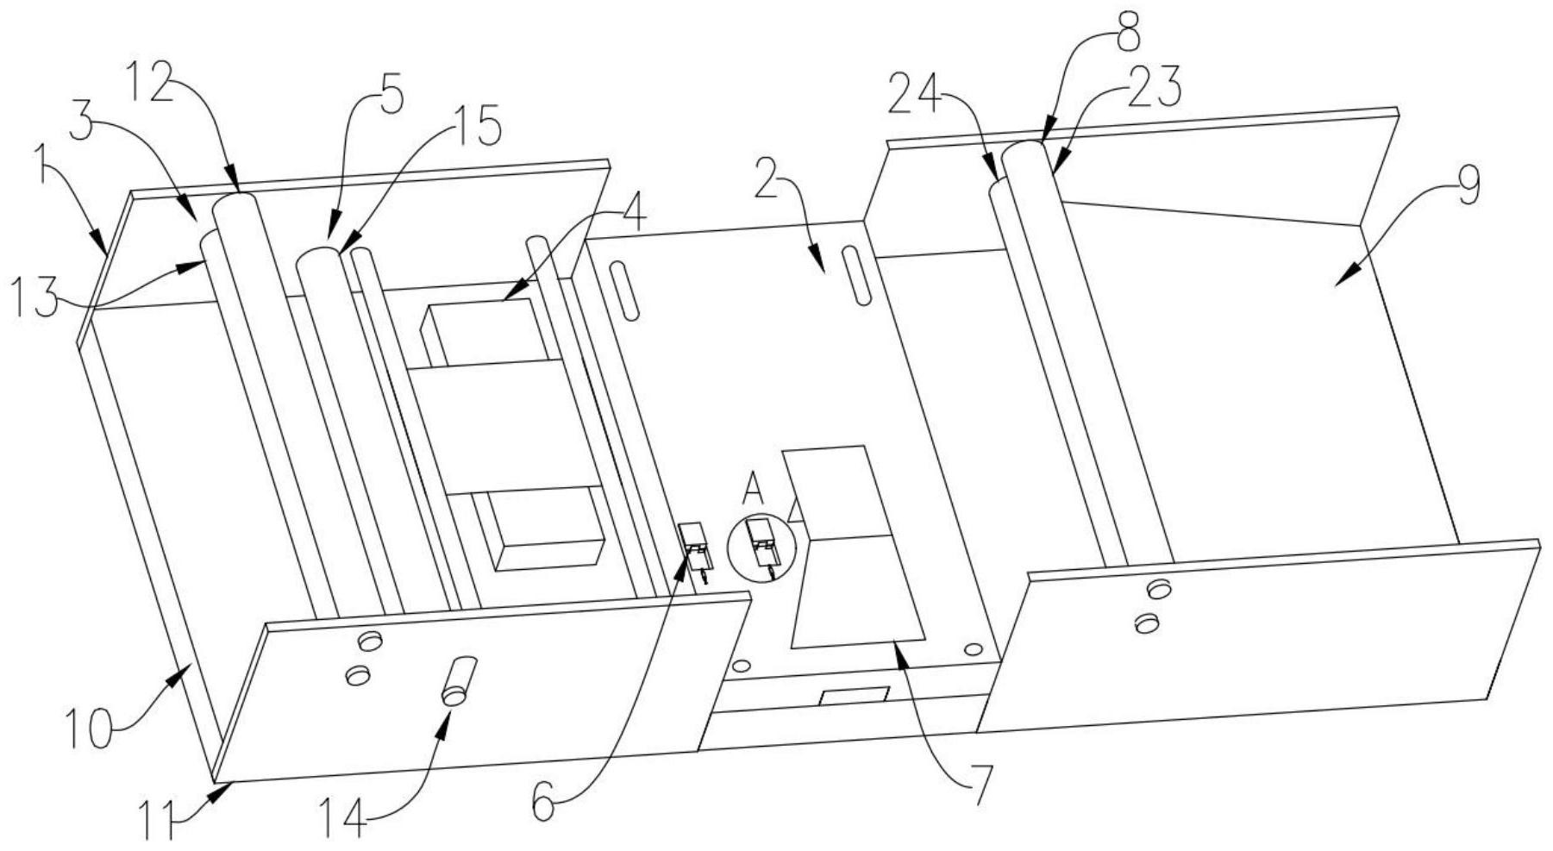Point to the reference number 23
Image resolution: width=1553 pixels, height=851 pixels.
1155,88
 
